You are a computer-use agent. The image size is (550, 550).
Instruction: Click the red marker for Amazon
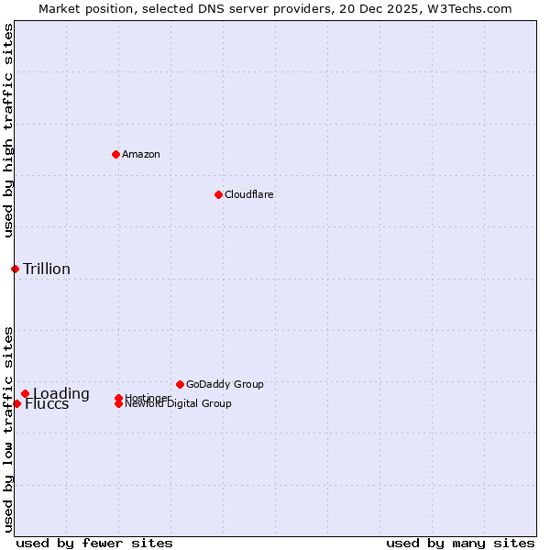pos(115,154)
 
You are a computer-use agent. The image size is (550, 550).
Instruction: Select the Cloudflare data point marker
pos(218,194)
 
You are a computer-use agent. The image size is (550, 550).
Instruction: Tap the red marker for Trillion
pos(15,269)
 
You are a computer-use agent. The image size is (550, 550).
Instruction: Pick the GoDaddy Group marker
pos(180,384)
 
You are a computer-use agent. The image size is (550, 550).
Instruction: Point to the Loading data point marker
pos(25,394)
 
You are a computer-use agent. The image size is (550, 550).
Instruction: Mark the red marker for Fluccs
pos(16,403)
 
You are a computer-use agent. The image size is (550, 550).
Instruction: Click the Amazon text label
pos(141,154)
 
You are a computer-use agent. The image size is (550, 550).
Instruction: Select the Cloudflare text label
pos(248,194)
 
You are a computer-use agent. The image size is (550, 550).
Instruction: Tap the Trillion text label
pos(47,269)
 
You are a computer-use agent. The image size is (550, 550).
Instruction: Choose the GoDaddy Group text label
pos(225,384)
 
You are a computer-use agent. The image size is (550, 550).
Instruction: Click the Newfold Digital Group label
pos(178,404)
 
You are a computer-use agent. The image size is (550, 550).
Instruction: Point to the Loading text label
pos(61,394)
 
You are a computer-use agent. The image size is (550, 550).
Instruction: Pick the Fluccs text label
pos(47,404)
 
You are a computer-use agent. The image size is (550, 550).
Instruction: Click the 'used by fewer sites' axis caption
pos(94,543)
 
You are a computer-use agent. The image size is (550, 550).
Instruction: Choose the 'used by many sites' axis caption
pos(460,543)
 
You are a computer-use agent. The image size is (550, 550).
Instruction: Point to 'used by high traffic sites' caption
pos(8,130)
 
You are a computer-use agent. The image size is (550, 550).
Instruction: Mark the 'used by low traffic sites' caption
pos(8,429)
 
